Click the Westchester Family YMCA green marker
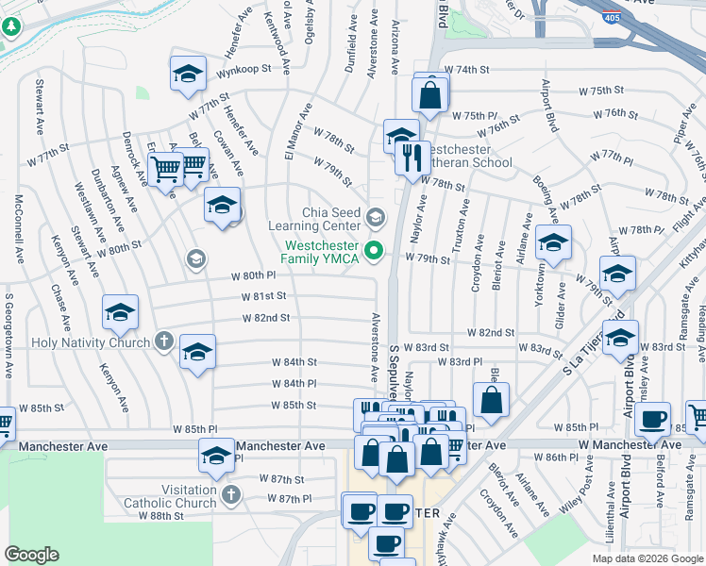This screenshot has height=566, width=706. (x=375, y=250)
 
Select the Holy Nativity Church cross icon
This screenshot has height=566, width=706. (x=163, y=341)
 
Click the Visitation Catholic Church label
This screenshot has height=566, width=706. (x=170, y=497)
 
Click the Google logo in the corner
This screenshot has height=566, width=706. (x=32, y=555)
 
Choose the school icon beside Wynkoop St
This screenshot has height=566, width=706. (x=188, y=74)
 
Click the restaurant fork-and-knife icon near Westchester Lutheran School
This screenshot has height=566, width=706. (x=412, y=157)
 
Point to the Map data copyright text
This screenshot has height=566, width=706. (x=647, y=558)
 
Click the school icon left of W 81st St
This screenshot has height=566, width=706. (x=121, y=313)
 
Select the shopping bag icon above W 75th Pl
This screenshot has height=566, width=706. (x=430, y=95)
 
